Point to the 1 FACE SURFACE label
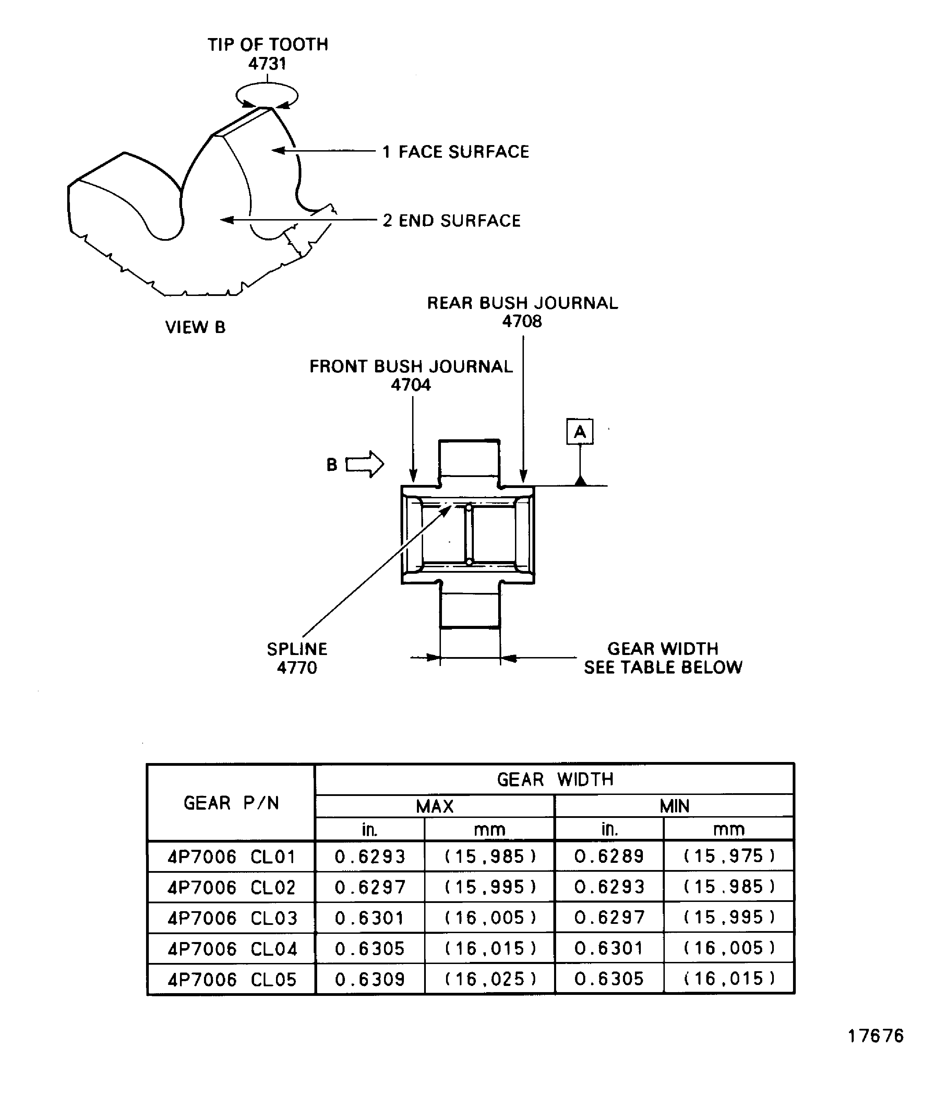(455, 152)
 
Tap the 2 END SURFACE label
(451, 221)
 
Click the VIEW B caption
(195, 327)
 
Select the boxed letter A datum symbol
(580, 432)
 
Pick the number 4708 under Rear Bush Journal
(522, 321)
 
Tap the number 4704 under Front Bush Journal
(411, 385)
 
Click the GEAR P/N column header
(231, 803)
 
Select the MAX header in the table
(435, 806)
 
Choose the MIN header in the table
(674, 806)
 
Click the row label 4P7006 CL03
(232, 918)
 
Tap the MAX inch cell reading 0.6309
(370, 979)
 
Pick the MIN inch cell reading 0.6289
(609, 856)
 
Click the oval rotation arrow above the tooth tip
(267, 95)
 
